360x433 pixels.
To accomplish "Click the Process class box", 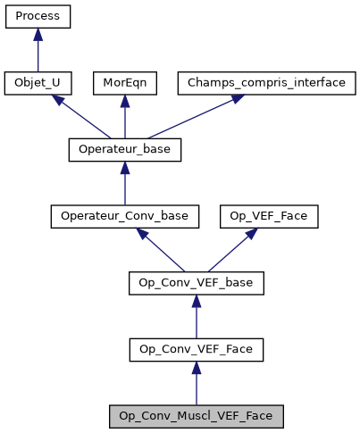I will pyautogui.click(x=38, y=16).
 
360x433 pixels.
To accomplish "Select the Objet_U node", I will pyautogui.click(x=38, y=83).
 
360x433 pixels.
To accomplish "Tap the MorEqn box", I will pyautogui.click(x=125, y=83).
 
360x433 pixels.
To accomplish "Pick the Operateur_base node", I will pyautogui.click(x=125, y=150).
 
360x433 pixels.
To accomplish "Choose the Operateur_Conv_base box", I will pyautogui.click(x=125, y=217).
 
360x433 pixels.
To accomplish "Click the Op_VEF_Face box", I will pyautogui.click(x=256, y=217).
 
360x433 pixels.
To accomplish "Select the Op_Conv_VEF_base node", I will pyautogui.click(x=197, y=284).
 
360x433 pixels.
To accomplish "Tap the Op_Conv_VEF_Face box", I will pyautogui.click(x=197, y=350).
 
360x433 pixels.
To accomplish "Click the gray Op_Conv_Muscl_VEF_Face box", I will pyautogui.click(x=197, y=417).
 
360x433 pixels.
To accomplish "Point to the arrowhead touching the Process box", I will pyautogui.click(x=38, y=34).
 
